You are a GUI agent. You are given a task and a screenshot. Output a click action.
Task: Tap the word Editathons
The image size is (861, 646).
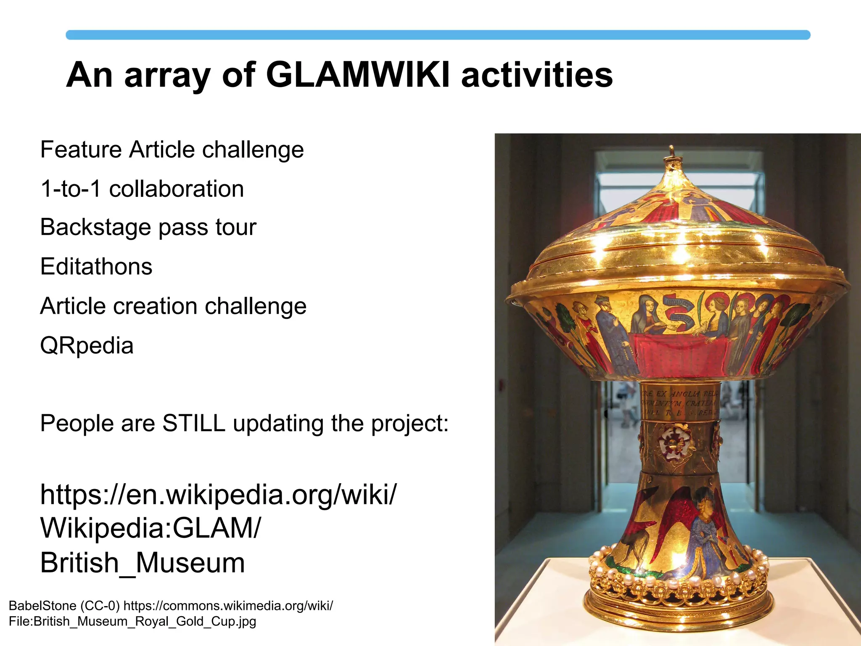tap(96, 267)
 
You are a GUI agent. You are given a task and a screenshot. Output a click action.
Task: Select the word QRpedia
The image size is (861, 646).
tap(87, 346)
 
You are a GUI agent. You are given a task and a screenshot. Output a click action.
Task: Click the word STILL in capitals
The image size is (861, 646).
tap(194, 423)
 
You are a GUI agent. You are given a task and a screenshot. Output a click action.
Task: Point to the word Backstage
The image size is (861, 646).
tap(95, 228)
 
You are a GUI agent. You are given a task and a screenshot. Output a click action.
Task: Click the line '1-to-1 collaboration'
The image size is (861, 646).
tap(142, 188)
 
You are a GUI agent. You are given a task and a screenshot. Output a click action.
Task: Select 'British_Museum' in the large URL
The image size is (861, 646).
tap(143, 563)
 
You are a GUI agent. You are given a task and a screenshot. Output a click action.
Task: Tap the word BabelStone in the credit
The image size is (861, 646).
tap(42, 606)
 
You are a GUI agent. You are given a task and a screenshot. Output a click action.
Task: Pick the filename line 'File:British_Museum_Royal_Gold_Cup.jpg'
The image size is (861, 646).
tap(132, 621)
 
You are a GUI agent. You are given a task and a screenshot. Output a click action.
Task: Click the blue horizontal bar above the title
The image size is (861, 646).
tap(438, 35)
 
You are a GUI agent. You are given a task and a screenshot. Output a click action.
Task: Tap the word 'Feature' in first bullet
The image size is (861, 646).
tap(81, 150)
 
